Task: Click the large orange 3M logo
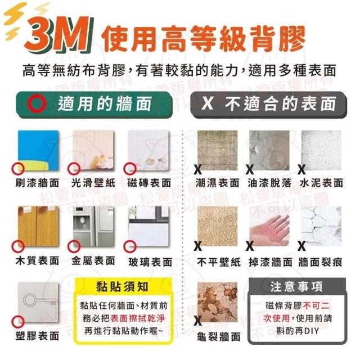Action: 59,34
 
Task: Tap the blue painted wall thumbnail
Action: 38,150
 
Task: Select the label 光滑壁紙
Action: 93,183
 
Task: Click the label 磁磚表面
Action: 149,183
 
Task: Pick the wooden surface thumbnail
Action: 38,226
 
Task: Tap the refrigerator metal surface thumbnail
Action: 93,226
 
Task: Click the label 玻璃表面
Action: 150,262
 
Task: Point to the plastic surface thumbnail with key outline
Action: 38,302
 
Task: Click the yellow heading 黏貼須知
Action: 122,287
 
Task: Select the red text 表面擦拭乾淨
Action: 137,318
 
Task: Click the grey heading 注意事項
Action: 296,287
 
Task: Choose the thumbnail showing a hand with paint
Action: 269,226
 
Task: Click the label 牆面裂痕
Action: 321,262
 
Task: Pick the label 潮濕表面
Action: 218,183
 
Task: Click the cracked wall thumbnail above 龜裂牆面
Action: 218,302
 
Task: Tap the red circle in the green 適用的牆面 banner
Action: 37,103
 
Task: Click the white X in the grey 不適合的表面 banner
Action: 208,103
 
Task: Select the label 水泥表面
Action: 321,183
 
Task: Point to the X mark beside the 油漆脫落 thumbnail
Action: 250,170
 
